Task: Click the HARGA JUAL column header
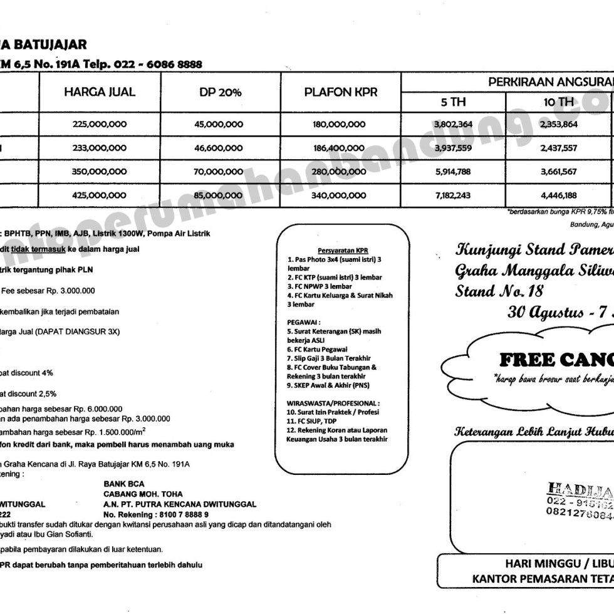pyautogui.click(x=100, y=92)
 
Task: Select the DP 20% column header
pyautogui.click(x=219, y=93)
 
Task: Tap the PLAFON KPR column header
pyautogui.click(x=341, y=92)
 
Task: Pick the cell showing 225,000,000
pyautogui.click(x=100, y=125)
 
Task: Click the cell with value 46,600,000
pyautogui.click(x=219, y=148)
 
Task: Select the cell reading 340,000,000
pyautogui.click(x=339, y=195)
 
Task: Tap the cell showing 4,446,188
pyautogui.click(x=557, y=195)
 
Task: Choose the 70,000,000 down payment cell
pyautogui.click(x=219, y=172)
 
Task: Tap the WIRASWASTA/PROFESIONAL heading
pyautogui.click(x=333, y=403)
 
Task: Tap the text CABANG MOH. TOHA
pyautogui.click(x=143, y=494)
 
